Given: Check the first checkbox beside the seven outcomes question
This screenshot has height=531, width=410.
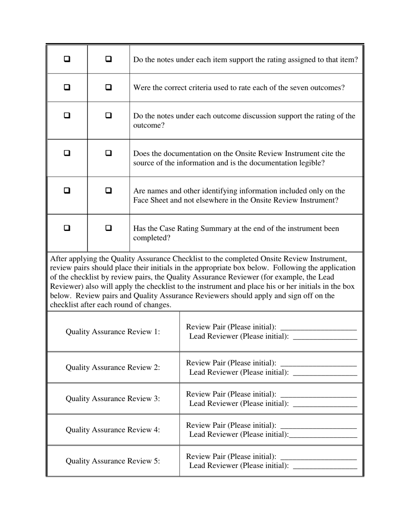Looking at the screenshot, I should tap(67, 87).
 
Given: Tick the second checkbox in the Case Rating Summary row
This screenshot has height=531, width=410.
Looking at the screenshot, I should tap(109, 228).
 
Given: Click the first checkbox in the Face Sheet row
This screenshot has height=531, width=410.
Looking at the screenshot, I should tap(67, 190).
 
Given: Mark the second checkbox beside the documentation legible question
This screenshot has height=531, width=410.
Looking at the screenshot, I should tap(109, 153).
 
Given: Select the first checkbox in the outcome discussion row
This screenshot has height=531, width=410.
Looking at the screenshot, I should tap(67, 115).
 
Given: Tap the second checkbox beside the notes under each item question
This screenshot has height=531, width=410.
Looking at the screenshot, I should tap(109, 59).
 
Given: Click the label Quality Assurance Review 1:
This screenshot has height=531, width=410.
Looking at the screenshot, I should tap(113, 332).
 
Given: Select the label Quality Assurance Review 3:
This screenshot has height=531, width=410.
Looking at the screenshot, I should tap(113, 398).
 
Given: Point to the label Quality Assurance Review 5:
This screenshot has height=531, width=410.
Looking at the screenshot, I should tap(113, 461).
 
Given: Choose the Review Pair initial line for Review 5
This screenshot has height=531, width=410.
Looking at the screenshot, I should tap(319, 459).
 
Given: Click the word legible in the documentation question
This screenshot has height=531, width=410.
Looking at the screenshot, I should tap(309, 163).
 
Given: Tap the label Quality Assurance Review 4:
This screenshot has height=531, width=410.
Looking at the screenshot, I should tap(113, 430).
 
